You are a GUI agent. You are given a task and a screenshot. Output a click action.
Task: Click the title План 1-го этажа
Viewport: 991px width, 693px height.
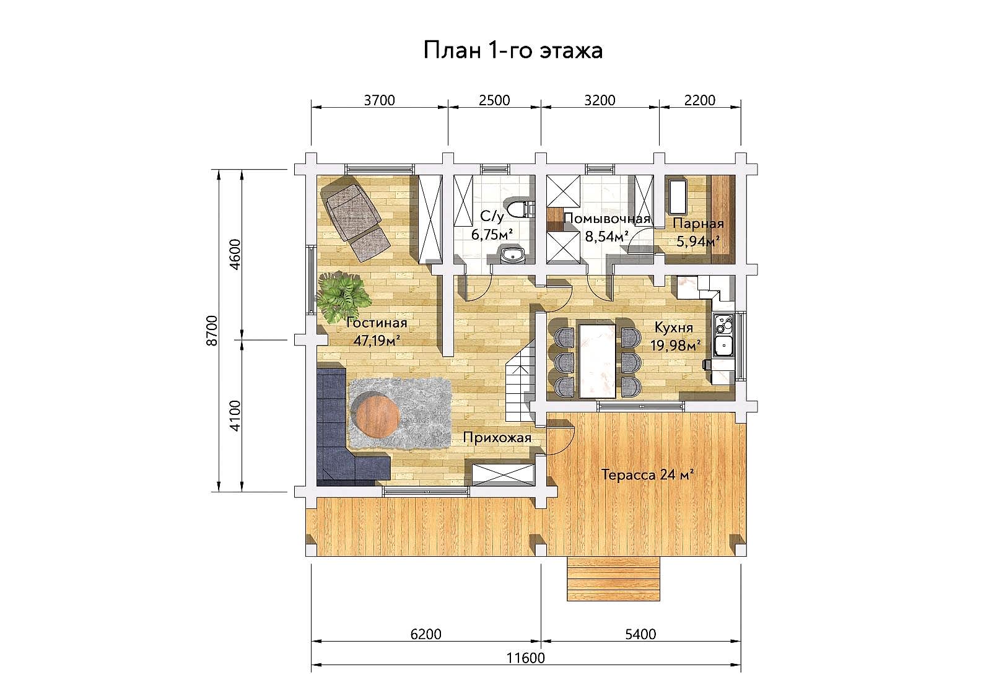click(x=513, y=50)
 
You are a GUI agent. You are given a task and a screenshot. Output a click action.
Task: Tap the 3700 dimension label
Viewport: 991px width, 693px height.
click(x=379, y=100)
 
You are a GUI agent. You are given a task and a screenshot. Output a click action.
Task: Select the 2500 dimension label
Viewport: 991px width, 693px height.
click(x=494, y=100)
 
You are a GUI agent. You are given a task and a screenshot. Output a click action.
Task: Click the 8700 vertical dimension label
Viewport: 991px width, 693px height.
click(x=212, y=330)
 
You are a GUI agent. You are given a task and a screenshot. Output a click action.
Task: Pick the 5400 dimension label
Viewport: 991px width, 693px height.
click(x=640, y=634)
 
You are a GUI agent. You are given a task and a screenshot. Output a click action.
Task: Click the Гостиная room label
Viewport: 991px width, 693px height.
click(x=377, y=323)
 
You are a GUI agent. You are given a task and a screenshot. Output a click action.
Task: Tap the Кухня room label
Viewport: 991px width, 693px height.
click(x=673, y=328)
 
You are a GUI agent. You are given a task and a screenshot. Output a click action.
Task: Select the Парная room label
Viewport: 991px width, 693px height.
click(x=698, y=224)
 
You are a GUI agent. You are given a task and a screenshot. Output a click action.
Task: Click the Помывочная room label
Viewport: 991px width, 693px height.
click(x=607, y=219)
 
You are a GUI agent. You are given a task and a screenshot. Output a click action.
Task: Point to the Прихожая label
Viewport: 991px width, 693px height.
click(x=497, y=437)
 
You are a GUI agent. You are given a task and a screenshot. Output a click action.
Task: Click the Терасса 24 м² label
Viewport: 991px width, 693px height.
click(x=647, y=475)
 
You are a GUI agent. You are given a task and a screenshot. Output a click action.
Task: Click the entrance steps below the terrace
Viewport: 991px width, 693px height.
click(x=614, y=578)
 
